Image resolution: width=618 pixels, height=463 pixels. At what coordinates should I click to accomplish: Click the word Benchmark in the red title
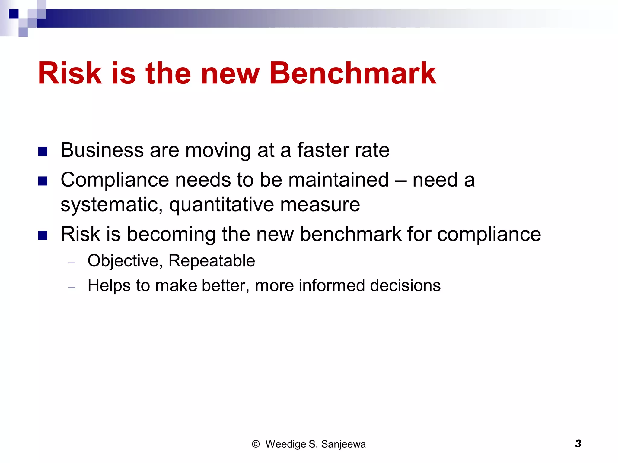(352, 73)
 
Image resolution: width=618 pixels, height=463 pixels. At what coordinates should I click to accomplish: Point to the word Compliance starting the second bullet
(115, 180)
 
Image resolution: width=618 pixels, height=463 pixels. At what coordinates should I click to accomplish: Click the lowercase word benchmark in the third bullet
(351, 234)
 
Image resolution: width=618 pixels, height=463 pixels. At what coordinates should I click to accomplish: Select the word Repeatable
(212, 261)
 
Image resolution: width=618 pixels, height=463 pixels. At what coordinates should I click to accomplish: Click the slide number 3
(578, 444)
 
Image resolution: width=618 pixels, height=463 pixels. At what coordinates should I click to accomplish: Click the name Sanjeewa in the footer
(343, 444)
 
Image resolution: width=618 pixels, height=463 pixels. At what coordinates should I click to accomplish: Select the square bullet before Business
(43, 151)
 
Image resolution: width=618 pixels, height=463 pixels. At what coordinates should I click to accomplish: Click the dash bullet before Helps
(72, 288)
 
